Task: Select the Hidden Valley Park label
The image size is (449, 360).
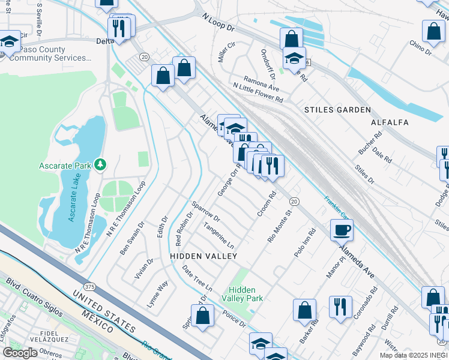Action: point(242,294)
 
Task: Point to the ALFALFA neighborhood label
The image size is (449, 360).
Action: point(390,122)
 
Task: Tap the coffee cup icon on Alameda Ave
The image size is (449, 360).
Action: point(342,230)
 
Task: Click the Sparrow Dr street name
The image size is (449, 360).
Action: point(206,211)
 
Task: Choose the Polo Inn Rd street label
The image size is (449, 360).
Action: point(305,243)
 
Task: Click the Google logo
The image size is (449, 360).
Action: point(20,353)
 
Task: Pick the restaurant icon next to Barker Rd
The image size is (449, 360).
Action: point(340,308)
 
